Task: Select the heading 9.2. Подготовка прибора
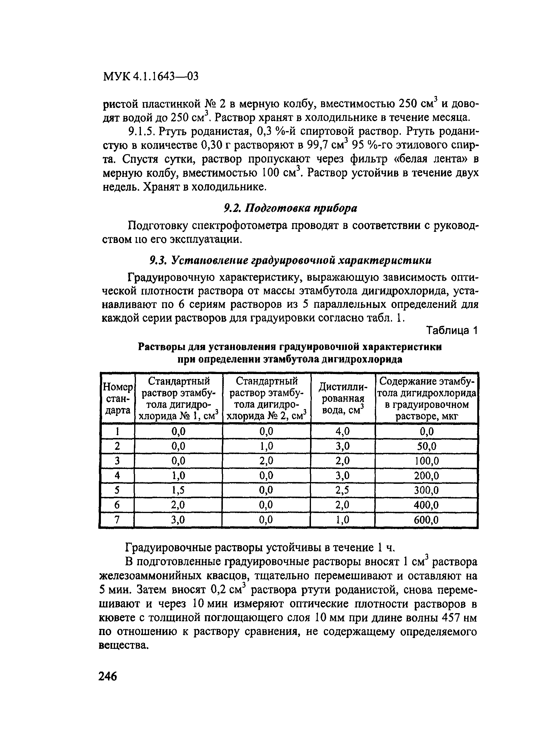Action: (x=291, y=208)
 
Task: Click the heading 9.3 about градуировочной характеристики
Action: (x=290, y=260)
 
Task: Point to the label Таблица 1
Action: (x=452, y=331)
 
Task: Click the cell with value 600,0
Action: (x=426, y=520)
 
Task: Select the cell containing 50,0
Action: (x=426, y=446)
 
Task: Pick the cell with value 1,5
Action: (x=178, y=491)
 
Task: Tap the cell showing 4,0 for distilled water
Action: (x=343, y=432)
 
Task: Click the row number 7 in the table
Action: (x=117, y=520)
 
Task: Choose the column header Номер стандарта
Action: (x=118, y=399)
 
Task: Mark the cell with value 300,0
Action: (x=426, y=491)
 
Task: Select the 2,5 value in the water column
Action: (x=343, y=491)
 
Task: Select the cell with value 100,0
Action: (x=426, y=461)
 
